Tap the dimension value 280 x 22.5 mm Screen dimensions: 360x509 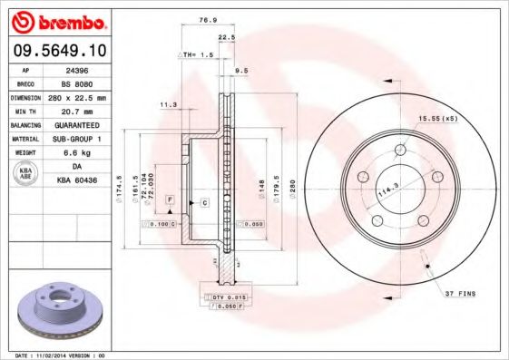(76, 96)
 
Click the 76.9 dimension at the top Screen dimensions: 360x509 (208, 18)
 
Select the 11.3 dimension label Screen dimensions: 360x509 (168, 105)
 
